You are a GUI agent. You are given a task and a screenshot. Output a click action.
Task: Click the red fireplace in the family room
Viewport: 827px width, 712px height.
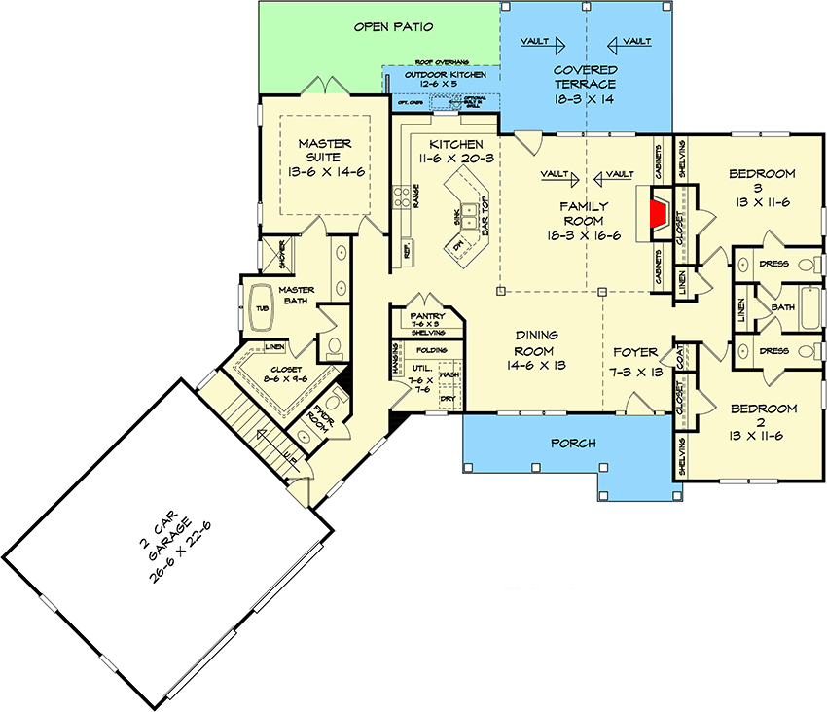point(660,213)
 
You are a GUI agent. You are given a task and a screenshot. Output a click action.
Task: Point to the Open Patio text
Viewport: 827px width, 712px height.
point(393,26)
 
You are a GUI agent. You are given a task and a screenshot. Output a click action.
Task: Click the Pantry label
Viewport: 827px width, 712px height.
point(424,314)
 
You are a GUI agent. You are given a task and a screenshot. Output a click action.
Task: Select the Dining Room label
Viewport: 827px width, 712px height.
point(534,344)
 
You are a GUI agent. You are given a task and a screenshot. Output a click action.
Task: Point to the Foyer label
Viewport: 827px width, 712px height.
point(636,352)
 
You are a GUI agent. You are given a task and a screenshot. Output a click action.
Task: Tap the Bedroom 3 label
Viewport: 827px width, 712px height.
point(762,174)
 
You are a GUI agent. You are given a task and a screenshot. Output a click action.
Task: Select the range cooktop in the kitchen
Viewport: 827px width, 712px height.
point(401,197)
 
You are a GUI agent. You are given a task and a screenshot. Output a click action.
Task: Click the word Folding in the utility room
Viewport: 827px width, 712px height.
point(431,350)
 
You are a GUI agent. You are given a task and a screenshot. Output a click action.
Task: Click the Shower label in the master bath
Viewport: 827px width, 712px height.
point(283,254)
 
